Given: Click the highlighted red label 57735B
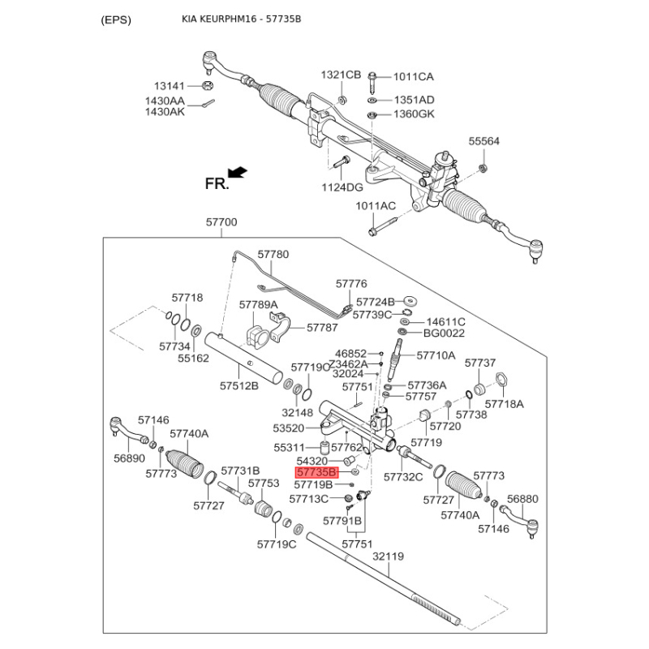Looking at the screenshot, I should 316,471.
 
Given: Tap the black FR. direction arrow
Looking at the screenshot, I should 238,171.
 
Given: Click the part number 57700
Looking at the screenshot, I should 221,221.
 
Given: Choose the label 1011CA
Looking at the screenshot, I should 414,77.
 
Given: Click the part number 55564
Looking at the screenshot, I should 484,141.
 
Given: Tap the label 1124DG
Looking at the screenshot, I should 342,187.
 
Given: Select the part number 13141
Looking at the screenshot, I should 171,85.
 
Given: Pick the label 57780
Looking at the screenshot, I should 273,254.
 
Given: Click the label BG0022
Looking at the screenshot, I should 444,333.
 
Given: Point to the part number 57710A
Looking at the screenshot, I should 436,355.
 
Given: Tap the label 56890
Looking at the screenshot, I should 129,458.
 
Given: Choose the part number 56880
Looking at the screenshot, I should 522,499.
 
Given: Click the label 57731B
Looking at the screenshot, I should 240,471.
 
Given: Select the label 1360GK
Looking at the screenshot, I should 414,114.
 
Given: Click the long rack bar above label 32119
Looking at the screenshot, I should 381,578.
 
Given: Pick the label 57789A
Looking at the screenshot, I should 259,304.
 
